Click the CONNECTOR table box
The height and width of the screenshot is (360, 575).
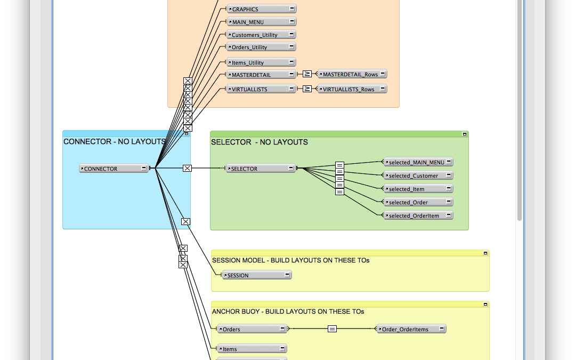point(114,169)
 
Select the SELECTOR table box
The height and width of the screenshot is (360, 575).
point(261,169)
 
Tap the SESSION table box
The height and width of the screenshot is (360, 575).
point(257,275)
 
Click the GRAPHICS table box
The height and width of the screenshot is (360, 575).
point(262,9)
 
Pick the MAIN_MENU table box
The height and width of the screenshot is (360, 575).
point(262,22)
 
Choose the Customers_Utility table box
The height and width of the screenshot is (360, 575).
point(261,35)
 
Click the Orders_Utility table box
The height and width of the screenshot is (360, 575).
point(261,47)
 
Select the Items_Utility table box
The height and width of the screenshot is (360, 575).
point(261,62)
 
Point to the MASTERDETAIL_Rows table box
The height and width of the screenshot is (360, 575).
point(352,74)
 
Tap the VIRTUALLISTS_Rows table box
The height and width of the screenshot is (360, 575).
point(352,89)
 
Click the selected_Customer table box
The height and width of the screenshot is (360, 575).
point(418,175)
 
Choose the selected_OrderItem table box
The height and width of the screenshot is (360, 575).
point(418,215)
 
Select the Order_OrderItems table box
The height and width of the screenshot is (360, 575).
point(411,329)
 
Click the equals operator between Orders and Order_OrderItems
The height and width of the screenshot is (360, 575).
point(332,329)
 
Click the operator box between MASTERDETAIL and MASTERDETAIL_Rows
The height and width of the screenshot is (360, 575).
point(307,74)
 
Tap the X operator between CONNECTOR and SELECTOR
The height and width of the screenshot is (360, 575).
point(187,168)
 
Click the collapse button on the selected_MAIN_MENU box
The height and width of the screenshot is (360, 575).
point(449,162)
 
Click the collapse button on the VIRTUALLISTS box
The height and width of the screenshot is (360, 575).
point(291,89)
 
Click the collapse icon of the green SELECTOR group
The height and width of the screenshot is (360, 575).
point(464,134)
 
